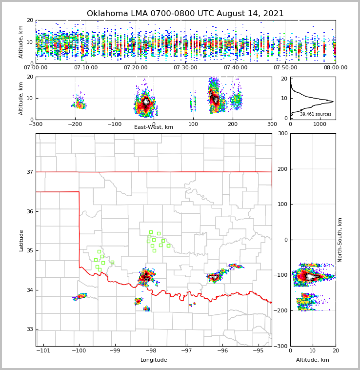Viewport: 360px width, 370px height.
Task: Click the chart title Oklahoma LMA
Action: (x=185, y=14)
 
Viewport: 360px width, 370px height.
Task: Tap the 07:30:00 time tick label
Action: (x=185, y=67)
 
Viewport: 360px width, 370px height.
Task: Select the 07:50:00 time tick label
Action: (x=285, y=67)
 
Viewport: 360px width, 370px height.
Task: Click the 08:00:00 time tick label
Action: (x=335, y=67)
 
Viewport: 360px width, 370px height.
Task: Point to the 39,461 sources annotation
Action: (x=316, y=114)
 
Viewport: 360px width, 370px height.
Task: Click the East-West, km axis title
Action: (x=154, y=127)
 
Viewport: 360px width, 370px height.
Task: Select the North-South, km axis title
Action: (x=340, y=240)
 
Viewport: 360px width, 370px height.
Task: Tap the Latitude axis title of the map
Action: (x=21, y=240)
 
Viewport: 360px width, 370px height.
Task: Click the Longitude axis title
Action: (x=154, y=360)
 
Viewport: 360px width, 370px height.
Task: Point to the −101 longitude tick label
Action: (x=43, y=350)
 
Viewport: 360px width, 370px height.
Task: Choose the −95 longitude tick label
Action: (x=259, y=350)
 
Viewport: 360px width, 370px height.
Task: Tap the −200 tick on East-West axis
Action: (x=75, y=124)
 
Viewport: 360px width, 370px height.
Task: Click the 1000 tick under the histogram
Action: (x=320, y=124)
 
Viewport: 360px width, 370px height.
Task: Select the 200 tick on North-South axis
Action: (x=281, y=169)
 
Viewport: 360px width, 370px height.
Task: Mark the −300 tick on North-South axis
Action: (x=280, y=346)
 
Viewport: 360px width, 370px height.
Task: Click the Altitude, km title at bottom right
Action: (x=313, y=360)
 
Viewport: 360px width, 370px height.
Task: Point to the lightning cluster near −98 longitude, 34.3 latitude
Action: (x=146, y=277)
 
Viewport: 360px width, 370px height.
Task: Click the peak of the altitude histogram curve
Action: (x=333, y=102)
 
